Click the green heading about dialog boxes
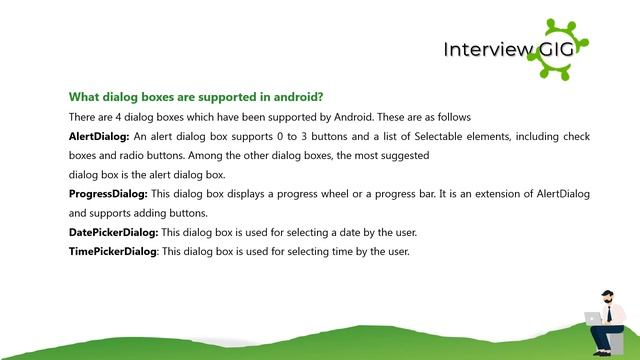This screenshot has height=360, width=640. pos(195,97)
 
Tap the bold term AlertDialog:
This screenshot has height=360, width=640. pos(99,136)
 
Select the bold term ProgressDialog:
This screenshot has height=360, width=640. pos(108,194)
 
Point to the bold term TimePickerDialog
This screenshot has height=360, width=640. pos(112,251)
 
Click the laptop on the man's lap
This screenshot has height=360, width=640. pos(591,318)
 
